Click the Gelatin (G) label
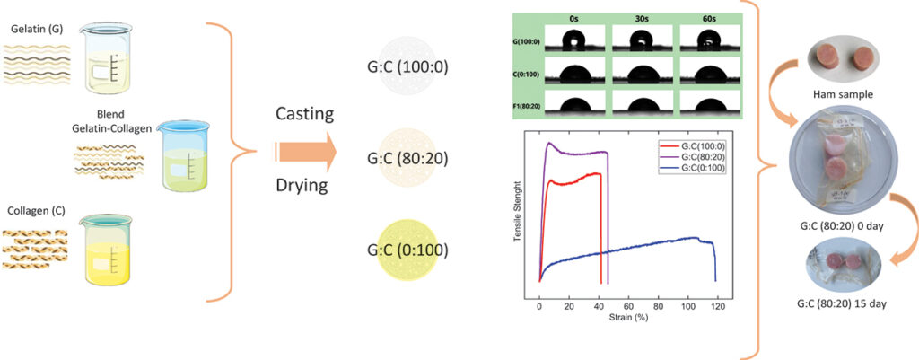pos(36,30)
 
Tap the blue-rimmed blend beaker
pos(184,157)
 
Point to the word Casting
pos(305,114)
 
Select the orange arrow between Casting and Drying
pos(306,154)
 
